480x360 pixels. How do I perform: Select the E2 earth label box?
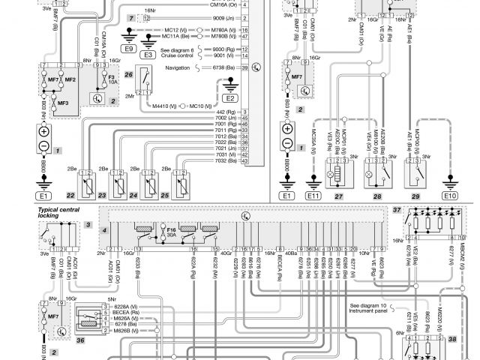pos(229,98)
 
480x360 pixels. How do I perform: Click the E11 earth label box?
pos(313,196)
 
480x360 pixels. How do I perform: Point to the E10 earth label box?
pos(449,196)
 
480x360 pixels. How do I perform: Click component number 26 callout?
pos(129,75)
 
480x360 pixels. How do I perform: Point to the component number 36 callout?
pos(81,340)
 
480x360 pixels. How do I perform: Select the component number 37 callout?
pos(397,211)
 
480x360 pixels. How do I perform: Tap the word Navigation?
pos(177,67)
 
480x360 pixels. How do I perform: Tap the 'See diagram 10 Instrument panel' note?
pos(373,309)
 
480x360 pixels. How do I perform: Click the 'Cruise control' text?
pos(182,55)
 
